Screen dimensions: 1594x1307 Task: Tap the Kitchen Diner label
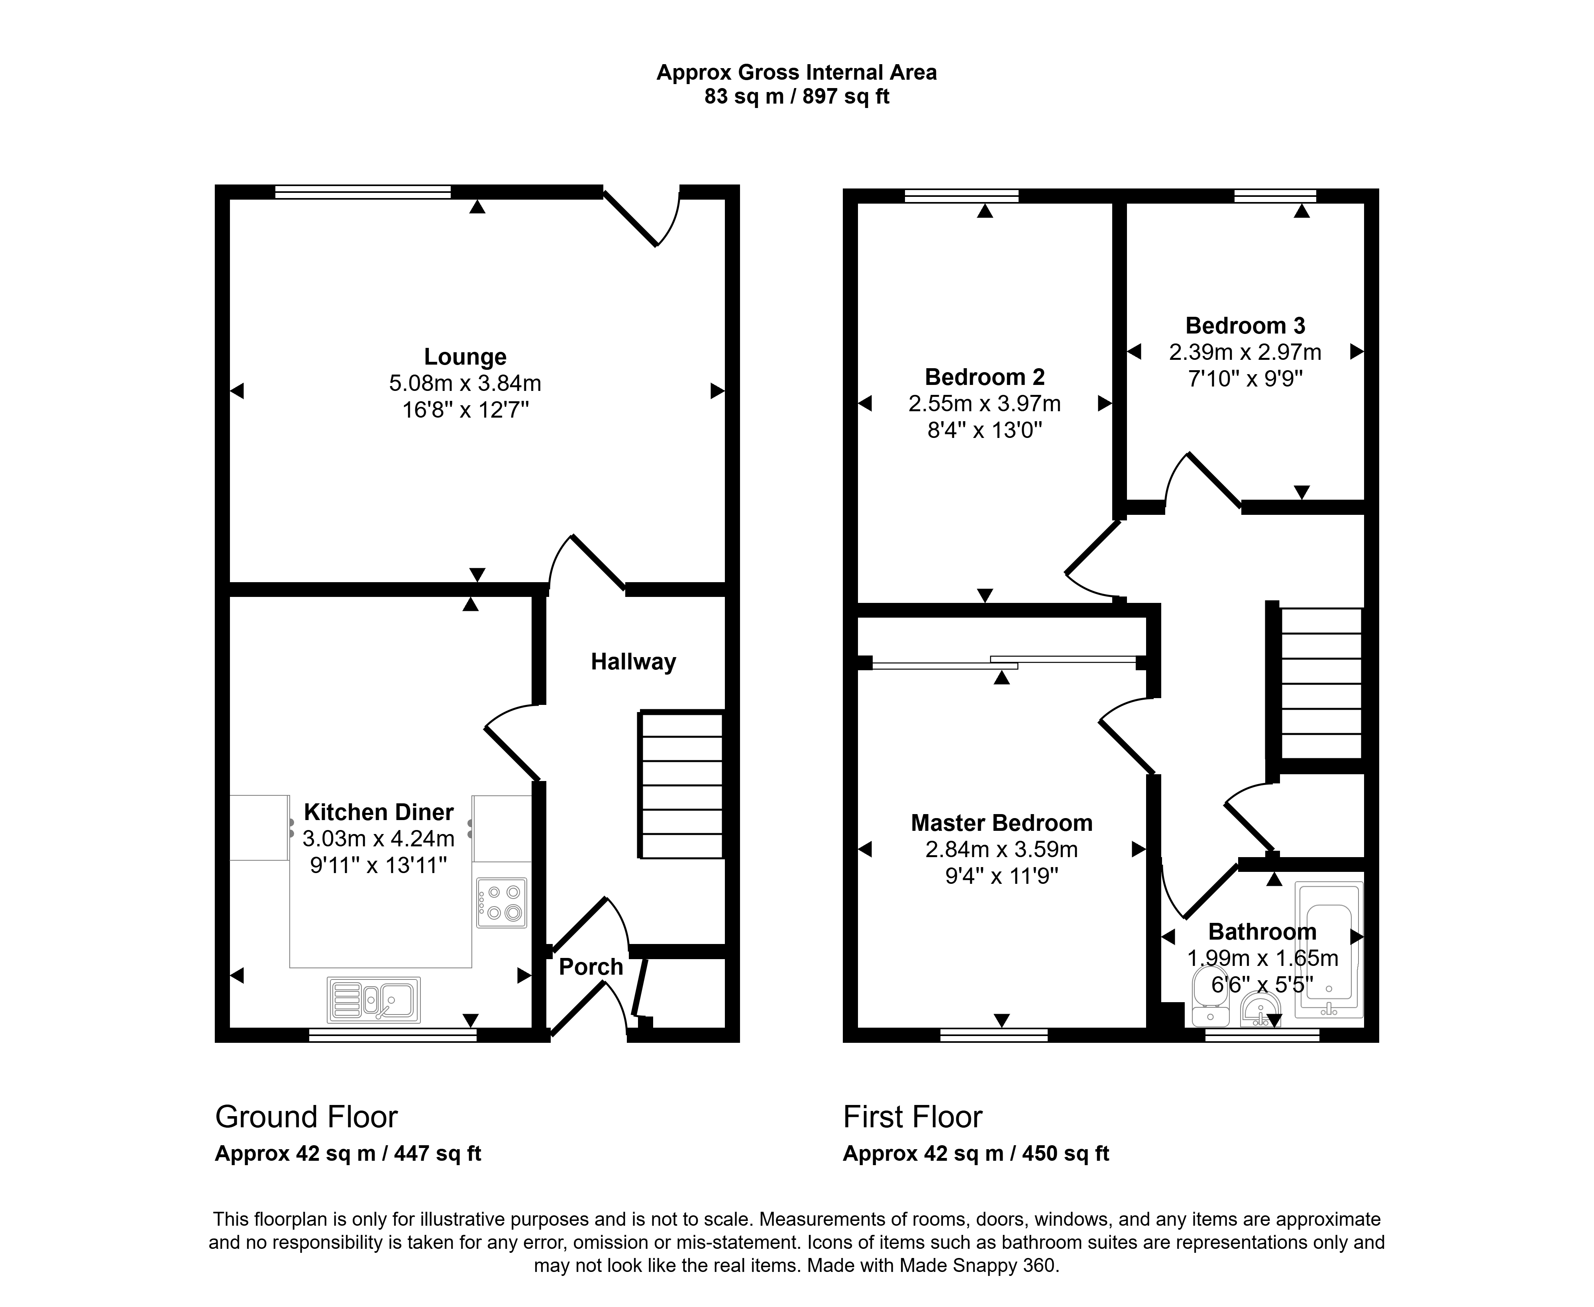pyautogui.click(x=379, y=812)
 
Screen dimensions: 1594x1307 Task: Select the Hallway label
pyautogui.click(x=633, y=662)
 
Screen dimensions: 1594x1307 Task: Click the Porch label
pyautogui.click(x=591, y=967)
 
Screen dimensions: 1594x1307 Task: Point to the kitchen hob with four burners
pyautogui.click(x=501, y=902)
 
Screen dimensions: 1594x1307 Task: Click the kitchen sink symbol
pyautogui.click(x=373, y=1000)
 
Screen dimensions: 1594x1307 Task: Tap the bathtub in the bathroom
pyautogui.click(x=1329, y=950)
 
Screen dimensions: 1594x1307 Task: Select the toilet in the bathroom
pyautogui.click(x=1211, y=995)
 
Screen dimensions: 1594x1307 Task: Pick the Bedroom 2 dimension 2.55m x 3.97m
pyautogui.click(x=985, y=404)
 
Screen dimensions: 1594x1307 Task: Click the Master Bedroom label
pyautogui.click(x=1001, y=823)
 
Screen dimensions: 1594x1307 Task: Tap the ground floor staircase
pyautogui.click(x=681, y=785)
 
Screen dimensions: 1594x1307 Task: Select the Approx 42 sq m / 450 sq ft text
pyautogui.click(x=976, y=1154)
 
